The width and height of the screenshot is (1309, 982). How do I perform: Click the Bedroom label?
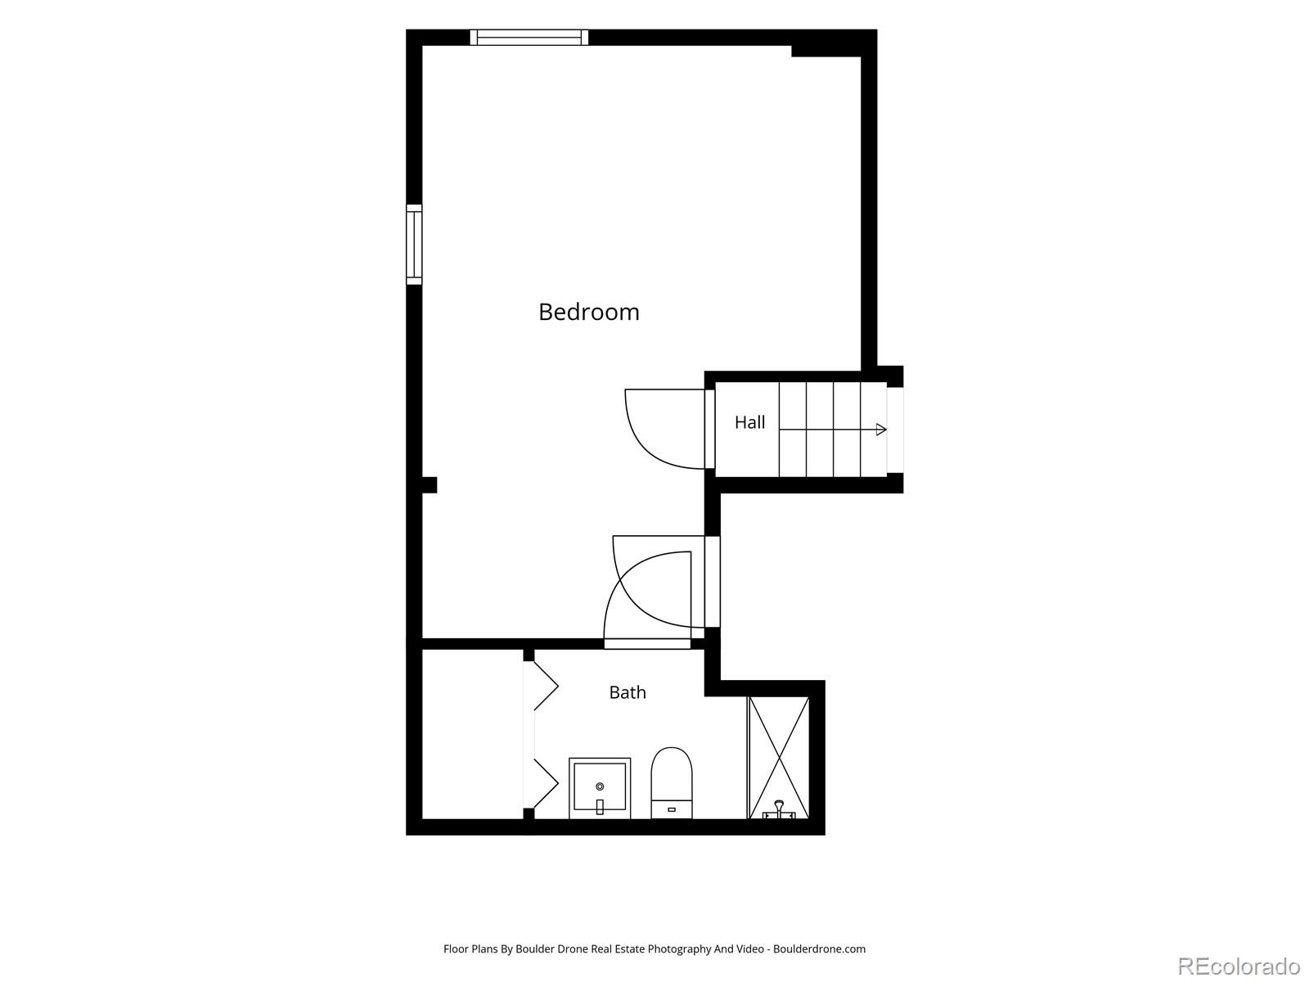pyautogui.click(x=588, y=313)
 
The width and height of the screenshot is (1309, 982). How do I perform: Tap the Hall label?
pyautogui.click(x=749, y=423)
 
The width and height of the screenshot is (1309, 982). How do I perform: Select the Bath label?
pyautogui.click(x=628, y=692)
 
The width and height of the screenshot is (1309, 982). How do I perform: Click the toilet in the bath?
pyautogui.click(x=672, y=783)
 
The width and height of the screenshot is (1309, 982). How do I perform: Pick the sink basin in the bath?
pyautogui.click(x=600, y=788)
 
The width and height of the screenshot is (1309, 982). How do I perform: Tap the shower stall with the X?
pyautogui.click(x=779, y=758)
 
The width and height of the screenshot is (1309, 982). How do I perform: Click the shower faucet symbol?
pyautogui.click(x=779, y=809)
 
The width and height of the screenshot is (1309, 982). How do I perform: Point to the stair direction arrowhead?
pyautogui.click(x=881, y=430)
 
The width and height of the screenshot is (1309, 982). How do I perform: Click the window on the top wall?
pyautogui.click(x=529, y=37)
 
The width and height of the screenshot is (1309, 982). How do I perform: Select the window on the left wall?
pyautogui.click(x=414, y=245)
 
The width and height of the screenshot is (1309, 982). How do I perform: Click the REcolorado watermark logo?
pyautogui.click(x=1239, y=966)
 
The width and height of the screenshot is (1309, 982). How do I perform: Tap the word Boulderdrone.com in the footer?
pyautogui.click(x=819, y=948)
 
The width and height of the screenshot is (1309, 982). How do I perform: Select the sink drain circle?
pyautogui.click(x=600, y=786)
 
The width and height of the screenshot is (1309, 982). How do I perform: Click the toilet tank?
pyautogui.click(x=672, y=809)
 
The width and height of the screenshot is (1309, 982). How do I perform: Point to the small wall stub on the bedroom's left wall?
pyautogui.click(x=430, y=484)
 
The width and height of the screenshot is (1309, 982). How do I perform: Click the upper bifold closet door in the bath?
pyautogui.click(x=545, y=686)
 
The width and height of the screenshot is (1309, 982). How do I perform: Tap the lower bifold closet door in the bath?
pyautogui.click(x=545, y=783)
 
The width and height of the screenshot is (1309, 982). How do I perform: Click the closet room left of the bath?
pyautogui.click(x=472, y=734)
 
